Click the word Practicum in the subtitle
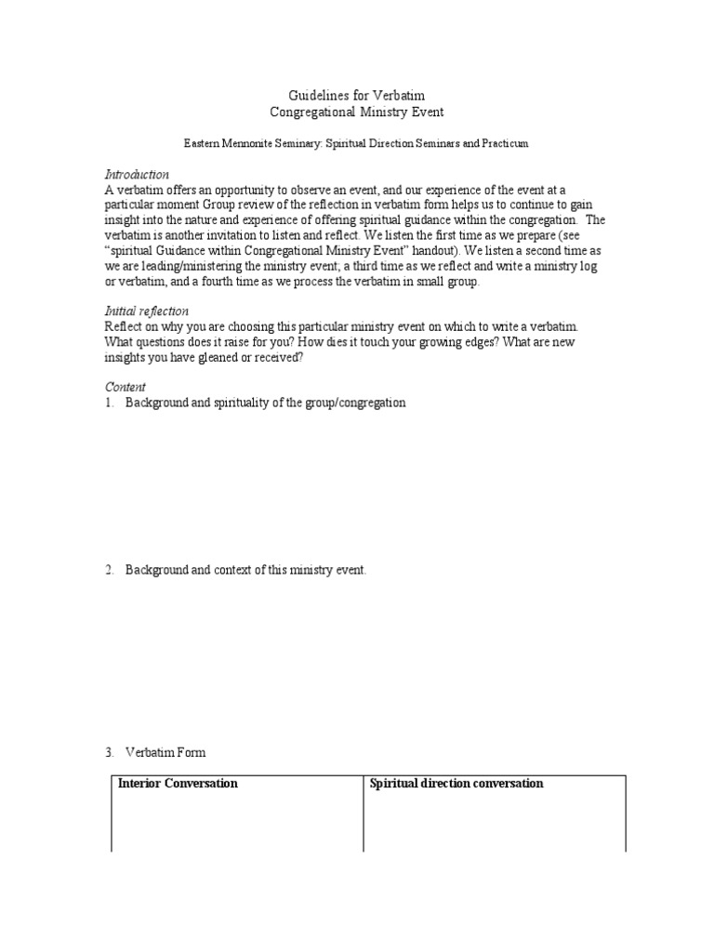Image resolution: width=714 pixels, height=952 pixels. coord(501,144)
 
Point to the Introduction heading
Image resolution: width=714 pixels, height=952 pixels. coord(137,175)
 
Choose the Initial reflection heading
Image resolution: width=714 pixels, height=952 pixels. coord(147,311)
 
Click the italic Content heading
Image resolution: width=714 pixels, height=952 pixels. coord(125,387)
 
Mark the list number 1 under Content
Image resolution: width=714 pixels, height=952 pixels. coord(109,403)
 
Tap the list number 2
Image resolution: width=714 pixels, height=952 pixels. coord(109,570)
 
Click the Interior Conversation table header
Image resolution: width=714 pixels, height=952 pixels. coord(178,784)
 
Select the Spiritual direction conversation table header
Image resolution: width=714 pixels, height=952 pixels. coord(456,784)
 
